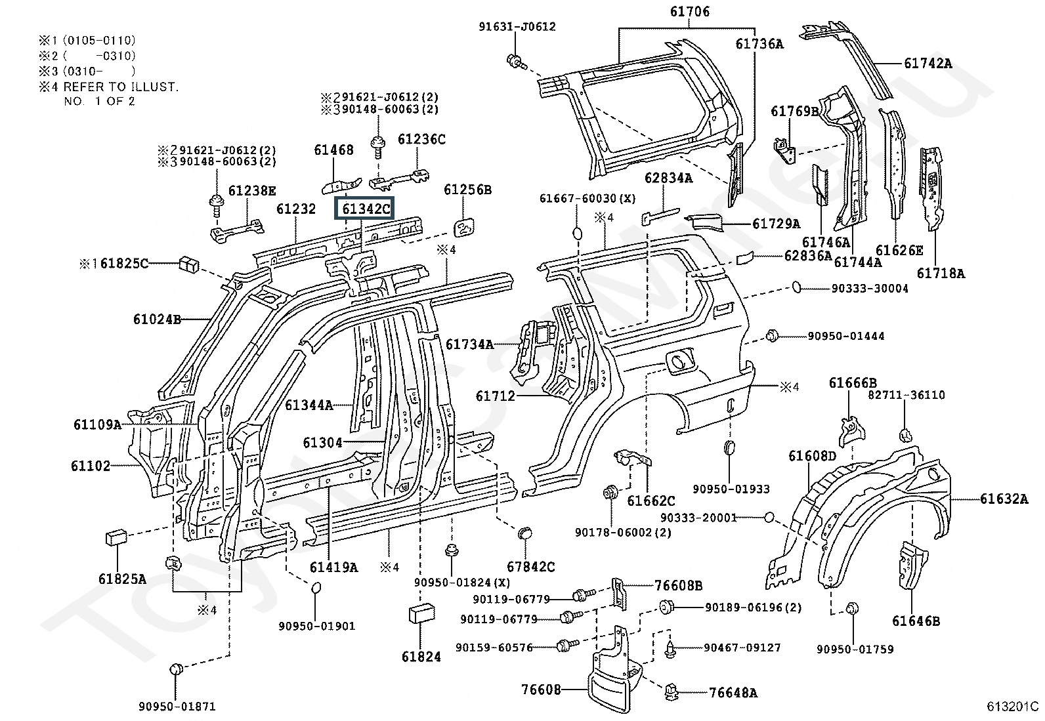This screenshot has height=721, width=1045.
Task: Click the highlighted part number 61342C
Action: click(366, 209)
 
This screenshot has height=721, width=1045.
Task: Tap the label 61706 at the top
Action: click(689, 12)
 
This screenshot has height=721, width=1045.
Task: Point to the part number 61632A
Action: click(1004, 499)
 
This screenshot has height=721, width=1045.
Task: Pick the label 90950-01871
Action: click(177, 707)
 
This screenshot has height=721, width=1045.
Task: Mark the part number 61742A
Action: click(928, 64)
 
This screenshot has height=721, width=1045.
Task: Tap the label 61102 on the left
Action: click(91, 466)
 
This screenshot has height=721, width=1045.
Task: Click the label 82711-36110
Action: click(906, 395)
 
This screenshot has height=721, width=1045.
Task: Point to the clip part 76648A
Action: click(673, 691)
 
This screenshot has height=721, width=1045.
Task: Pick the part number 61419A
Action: click(333, 567)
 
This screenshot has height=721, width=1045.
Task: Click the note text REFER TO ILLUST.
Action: click(121, 87)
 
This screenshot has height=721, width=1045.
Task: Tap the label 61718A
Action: click(941, 274)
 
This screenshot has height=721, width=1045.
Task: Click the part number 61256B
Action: click(467, 190)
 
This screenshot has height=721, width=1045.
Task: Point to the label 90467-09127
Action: click(742, 648)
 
